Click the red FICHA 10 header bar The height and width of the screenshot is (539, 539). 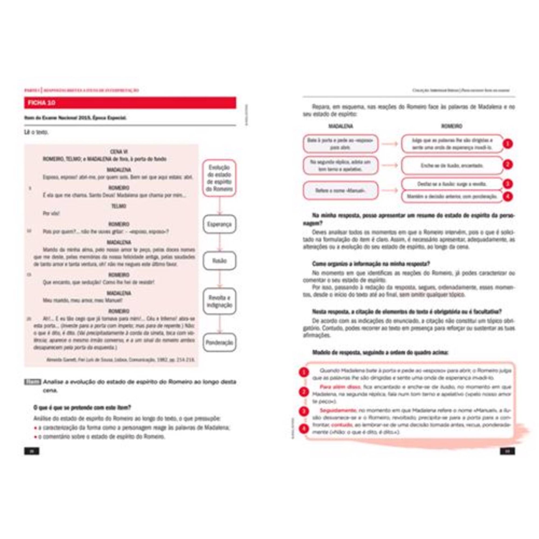(130, 103)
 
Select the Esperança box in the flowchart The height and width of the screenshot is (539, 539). (219, 224)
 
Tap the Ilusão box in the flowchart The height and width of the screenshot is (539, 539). (219, 261)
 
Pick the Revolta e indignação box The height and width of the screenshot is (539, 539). (219, 301)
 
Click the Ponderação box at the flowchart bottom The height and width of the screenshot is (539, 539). (219, 342)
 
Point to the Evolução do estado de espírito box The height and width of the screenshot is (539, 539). (219, 178)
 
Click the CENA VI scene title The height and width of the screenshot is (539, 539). (119, 152)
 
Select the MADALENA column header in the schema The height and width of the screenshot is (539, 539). (340, 126)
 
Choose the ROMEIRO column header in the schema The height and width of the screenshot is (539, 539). (452, 126)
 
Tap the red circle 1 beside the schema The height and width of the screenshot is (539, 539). (508, 144)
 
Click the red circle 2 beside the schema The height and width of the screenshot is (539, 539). (508, 165)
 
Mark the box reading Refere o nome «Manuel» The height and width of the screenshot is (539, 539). (340, 191)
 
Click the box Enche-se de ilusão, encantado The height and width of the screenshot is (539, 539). (452, 165)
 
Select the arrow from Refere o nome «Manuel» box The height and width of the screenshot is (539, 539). (390, 191)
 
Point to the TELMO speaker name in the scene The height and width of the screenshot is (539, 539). (119, 206)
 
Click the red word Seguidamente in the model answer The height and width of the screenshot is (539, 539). (338, 410)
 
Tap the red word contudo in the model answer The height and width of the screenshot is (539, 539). (342, 425)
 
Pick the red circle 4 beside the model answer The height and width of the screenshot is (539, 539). (304, 429)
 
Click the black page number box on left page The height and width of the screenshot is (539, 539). (32, 451)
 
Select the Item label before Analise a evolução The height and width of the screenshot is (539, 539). (33, 382)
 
